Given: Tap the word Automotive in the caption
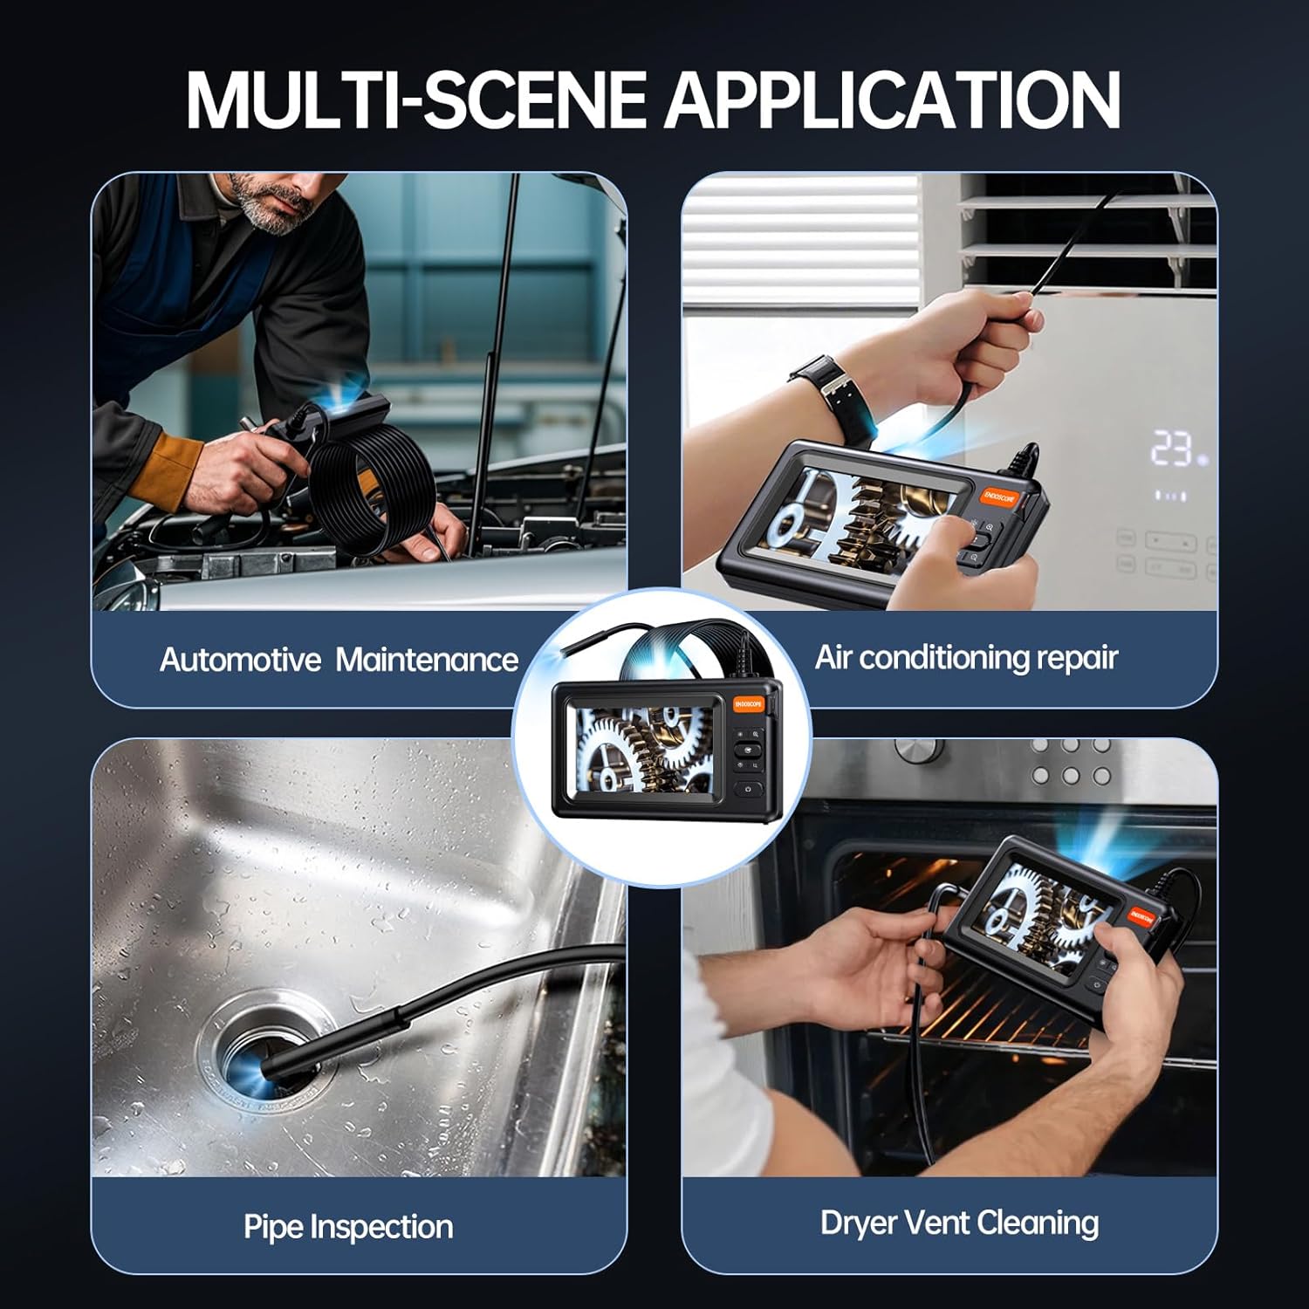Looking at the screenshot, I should coord(240,660).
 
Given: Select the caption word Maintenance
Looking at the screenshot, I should coord(427,660).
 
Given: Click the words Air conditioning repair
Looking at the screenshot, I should coord(966,657).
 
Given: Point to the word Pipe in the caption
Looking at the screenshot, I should coord(274,1226).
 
